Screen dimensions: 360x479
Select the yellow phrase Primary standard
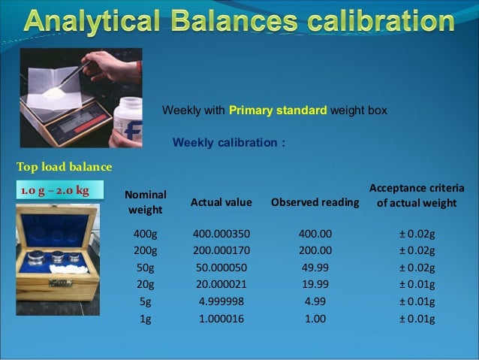(x=278, y=110)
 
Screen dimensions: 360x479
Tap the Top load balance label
(x=64, y=166)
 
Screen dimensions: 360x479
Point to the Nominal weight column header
(x=145, y=201)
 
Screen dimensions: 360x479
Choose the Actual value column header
(x=221, y=202)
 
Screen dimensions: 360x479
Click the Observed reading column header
(x=315, y=202)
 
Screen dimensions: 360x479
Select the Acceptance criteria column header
(x=417, y=195)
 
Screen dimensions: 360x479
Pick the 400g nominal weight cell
(x=145, y=233)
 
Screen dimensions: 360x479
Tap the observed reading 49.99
(x=315, y=268)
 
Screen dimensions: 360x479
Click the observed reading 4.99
(x=315, y=301)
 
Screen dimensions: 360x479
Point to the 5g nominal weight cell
(x=145, y=301)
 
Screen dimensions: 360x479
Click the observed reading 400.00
(x=315, y=233)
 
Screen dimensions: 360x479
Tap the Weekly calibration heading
(x=229, y=143)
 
